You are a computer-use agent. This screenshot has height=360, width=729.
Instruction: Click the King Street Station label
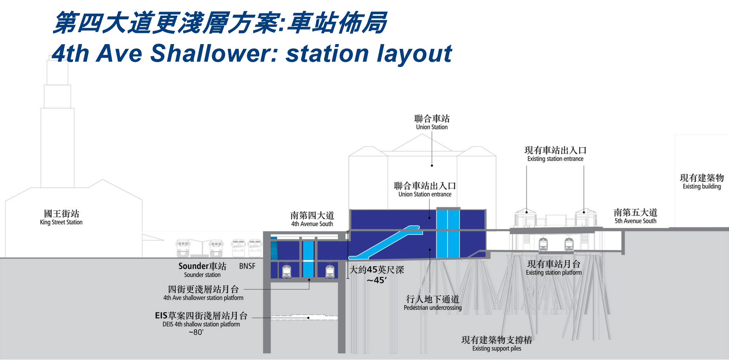[x=61, y=218]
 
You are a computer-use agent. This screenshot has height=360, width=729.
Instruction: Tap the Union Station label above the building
[x=432, y=122]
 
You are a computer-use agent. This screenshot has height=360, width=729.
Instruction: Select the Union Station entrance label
[x=425, y=190]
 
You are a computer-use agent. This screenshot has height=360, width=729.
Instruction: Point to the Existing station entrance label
[x=555, y=154]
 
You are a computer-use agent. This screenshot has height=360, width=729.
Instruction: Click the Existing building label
[x=702, y=182]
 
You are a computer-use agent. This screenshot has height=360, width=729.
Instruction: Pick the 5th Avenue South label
[x=635, y=216]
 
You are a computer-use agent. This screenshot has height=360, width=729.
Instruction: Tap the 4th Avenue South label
[x=312, y=219]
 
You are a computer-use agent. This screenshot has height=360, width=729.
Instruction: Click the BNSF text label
[x=247, y=266]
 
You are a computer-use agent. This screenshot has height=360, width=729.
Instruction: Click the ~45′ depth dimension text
[x=377, y=280]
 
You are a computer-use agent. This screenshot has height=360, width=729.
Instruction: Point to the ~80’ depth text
[x=196, y=332]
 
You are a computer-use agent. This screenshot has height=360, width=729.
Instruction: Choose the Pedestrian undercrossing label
[x=433, y=303]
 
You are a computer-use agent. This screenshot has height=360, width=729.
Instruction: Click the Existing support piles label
[x=497, y=344]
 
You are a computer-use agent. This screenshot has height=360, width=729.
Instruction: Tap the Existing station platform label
[x=554, y=268]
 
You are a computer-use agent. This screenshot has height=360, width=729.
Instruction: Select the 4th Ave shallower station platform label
[x=203, y=293]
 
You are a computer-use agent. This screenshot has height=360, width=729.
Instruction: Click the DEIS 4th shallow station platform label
[x=201, y=320]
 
